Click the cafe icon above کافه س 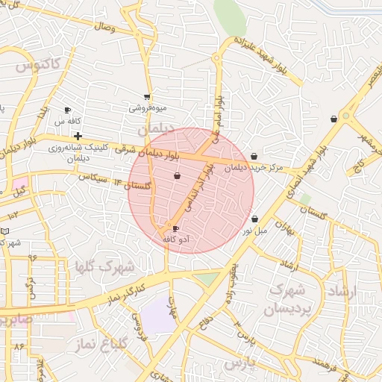[68, 109]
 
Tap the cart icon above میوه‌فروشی [147, 96]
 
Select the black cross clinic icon [78, 136]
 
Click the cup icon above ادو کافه [176, 229]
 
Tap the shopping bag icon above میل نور [256, 219]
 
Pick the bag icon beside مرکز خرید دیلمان [254, 157]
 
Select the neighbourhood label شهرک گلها [104, 266]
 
